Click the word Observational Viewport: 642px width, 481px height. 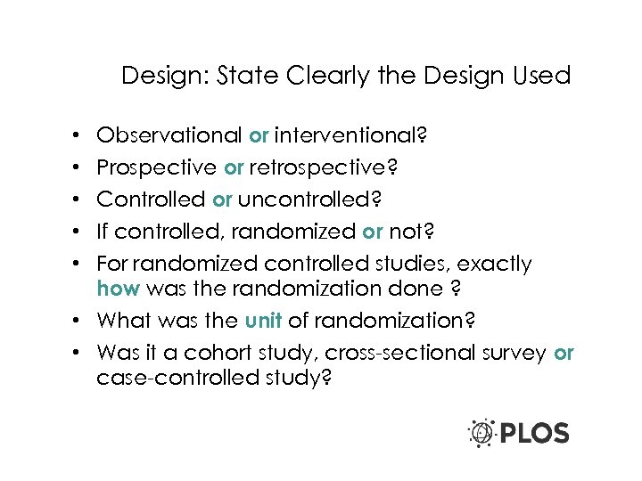click(169, 136)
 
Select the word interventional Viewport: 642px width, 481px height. click(349, 136)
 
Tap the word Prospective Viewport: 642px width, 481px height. click(156, 167)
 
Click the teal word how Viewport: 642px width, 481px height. click(118, 288)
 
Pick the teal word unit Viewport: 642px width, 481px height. click(264, 320)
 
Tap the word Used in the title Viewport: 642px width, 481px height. click(541, 76)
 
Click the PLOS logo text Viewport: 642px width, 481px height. click(534, 434)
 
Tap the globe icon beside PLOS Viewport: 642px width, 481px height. click(481, 433)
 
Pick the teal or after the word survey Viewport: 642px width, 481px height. click(564, 352)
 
